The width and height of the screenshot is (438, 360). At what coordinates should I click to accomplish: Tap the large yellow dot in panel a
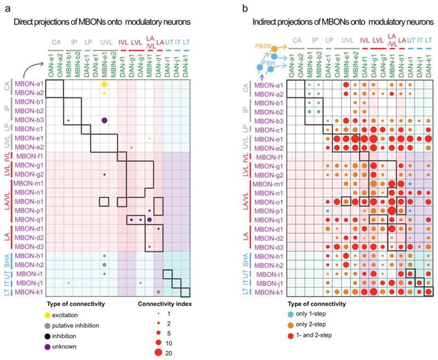(x=104, y=85)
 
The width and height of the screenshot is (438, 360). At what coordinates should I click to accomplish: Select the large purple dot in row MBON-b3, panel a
(x=104, y=120)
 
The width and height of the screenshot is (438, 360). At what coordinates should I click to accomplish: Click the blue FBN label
(x=269, y=63)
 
